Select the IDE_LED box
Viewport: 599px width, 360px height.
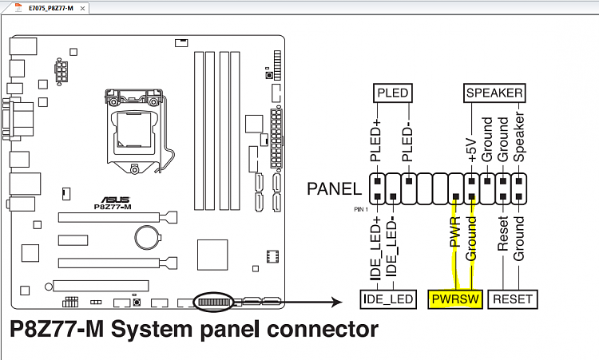point(387,300)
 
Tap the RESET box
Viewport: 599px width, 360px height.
point(512,300)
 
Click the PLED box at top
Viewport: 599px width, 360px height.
point(392,93)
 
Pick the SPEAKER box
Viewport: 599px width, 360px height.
point(494,93)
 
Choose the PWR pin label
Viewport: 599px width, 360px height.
point(454,232)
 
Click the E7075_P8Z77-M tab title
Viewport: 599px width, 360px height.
point(51,8)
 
